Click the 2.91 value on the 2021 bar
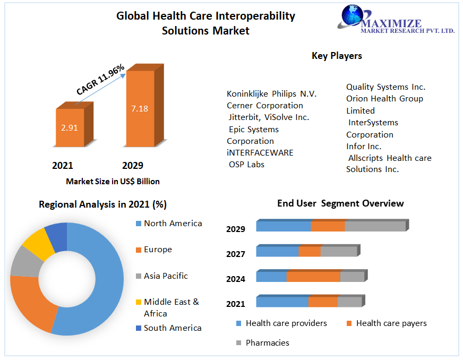click(x=70, y=128)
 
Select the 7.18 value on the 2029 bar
click(x=139, y=108)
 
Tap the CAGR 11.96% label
click(x=100, y=80)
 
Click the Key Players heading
click(x=337, y=55)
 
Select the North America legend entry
click(x=173, y=224)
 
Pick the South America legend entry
click(x=173, y=328)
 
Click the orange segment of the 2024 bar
click(x=313, y=277)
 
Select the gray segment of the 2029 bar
click(x=375, y=226)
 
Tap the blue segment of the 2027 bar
click(x=277, y=251)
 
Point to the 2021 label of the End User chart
click(x=236, y=304)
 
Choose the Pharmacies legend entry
click(x=267, y=343)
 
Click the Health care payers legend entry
click(x=391, y=323)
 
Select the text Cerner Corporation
click(x=265, y=106)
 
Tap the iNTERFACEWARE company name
click(x=260, y=153)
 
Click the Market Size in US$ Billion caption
click(x=113, y=182)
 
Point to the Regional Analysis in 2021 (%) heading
click(x=103, y=204)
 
